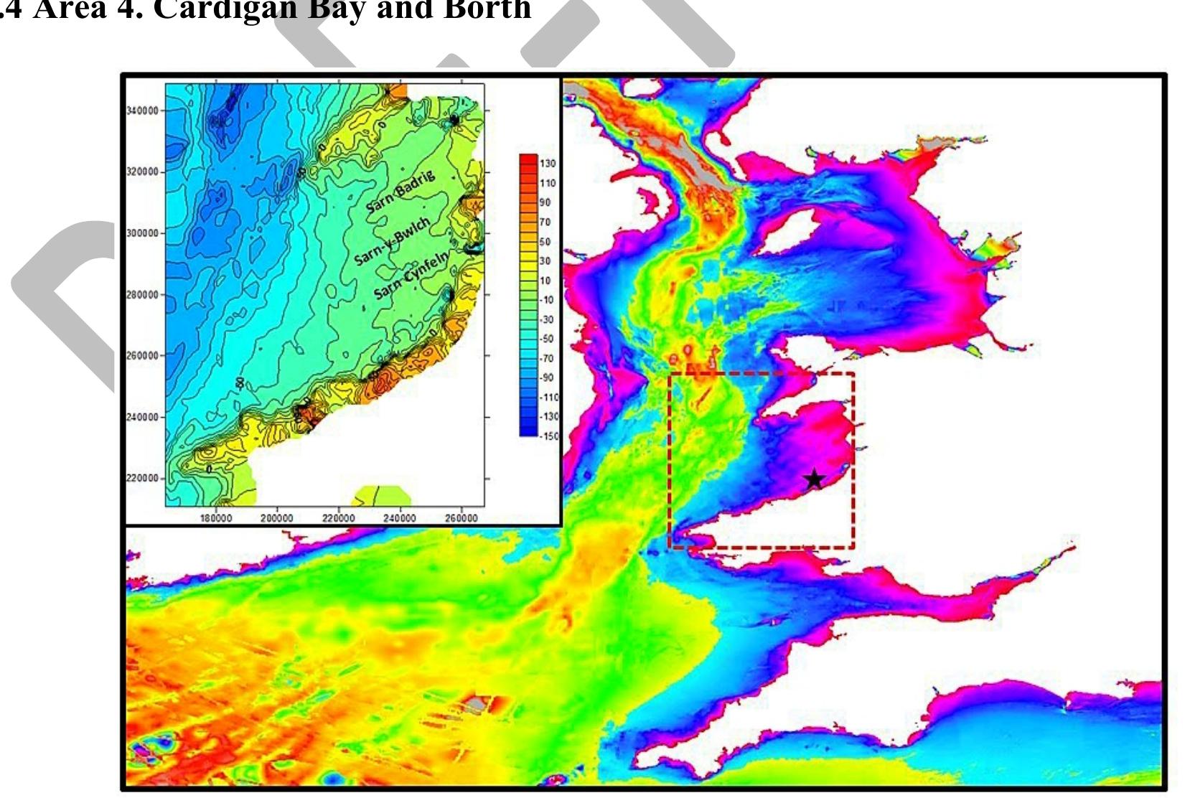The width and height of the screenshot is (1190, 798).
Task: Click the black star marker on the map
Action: (x=813, y=479)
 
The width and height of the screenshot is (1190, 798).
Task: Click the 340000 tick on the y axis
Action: (x=142, y=111)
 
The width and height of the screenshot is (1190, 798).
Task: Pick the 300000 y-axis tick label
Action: (x=142, y=233)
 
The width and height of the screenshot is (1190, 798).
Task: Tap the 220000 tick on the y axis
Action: (x=142, y=478)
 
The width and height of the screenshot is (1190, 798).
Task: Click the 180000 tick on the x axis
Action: (x=215, y=518)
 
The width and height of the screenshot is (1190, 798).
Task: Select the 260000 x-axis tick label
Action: (x=462, y=518)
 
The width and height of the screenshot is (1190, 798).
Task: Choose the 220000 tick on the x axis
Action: (x=338, y=518)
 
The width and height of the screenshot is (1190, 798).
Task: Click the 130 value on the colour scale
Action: (x=548, y=164)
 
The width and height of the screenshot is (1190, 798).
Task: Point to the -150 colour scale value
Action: (x=549, y=436)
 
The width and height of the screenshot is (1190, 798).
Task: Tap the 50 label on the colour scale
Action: (x=545, y=242)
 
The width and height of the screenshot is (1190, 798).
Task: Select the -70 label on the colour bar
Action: (x=547, y=358)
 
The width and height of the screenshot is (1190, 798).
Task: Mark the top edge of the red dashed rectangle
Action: (x=761, y=373)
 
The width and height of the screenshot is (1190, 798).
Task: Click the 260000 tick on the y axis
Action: (x=142, y=355)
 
